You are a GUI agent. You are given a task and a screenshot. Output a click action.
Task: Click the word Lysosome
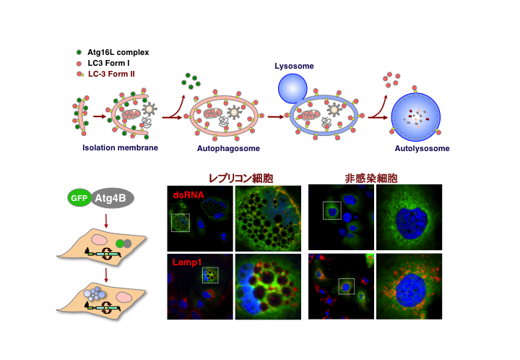pyautogui.click(x=294, y=67)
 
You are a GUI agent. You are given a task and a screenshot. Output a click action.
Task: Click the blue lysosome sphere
pyautogui.click(x=293, y=90)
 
